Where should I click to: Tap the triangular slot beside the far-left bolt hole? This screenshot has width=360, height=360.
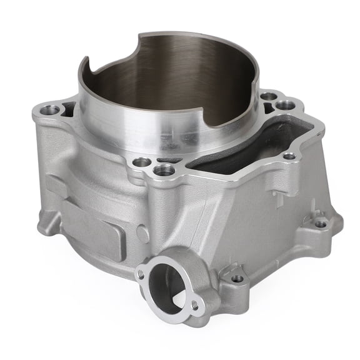(x=68, y=109)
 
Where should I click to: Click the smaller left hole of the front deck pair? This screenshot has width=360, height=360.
(x=142, y=162)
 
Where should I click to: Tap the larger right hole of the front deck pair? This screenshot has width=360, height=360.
(x=164, y=169)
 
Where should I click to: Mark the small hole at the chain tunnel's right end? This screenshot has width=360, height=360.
(x=289, y=156)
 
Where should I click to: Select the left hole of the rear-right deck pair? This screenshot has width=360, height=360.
(x=268, y=96)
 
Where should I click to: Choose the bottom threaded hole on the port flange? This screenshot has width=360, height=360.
(x=194, y=306)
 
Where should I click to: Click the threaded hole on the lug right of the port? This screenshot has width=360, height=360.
(x=237, y=278)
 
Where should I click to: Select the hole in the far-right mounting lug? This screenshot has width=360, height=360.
(x=321, y=223)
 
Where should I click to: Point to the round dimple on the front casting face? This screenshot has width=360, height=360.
(x=142, y=233)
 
